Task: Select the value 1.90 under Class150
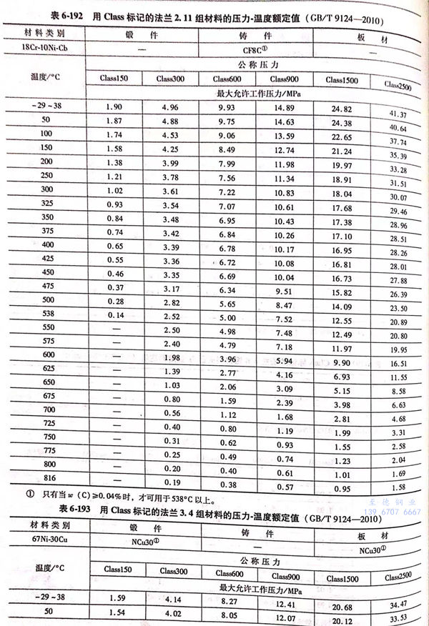coord(115,107)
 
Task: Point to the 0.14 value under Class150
coord(115,315)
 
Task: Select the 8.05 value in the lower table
coord(232,615)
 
